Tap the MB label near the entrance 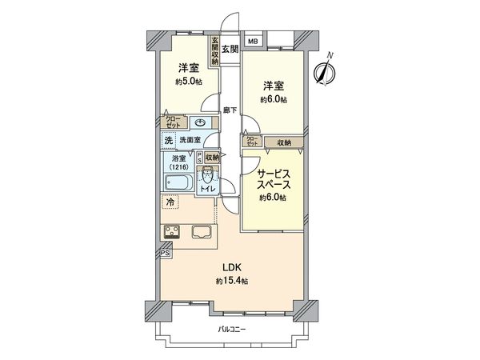(252, 42)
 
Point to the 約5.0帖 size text (190, 81)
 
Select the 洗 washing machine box (169, 141)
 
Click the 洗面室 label (189, 141)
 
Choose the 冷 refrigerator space (170, 202)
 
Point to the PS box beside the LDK (165, 254)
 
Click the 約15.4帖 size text (232, 282)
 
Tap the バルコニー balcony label (232, 330)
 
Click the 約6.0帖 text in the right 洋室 (274, 99)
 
